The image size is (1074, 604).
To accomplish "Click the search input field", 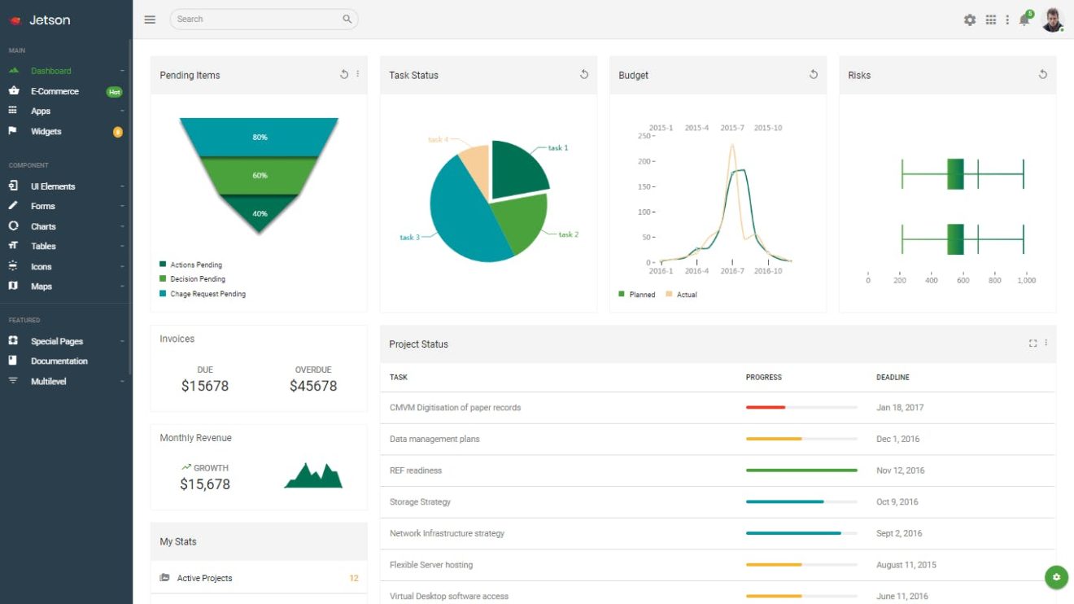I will pyautogui.click(x=256, y=20).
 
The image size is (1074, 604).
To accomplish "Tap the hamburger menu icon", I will pyautogui.click(x=150, y=20).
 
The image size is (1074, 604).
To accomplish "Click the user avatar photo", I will pyautogui.click(x=1052, y=20).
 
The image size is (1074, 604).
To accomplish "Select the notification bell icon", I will pyautogui.click(x=1024, y=20).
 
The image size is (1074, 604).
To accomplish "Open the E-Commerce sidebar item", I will pyautogui.click(x=55, y=91).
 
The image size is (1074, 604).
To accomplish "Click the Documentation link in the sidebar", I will pyautogui.click(x=59, y=361).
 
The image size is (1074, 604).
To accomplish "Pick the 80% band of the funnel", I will pyautogui.click(x=260, y=138).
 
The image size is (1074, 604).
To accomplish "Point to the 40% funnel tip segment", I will pyautogui.click(x=260, y=213).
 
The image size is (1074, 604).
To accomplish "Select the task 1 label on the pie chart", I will pyautogui.click(x=558, y=148).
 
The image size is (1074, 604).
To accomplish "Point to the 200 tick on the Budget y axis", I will pyautogui.click(x=645, y=161).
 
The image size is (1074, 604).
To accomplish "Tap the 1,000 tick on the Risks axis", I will pyautogui.click(x=1026, y=280).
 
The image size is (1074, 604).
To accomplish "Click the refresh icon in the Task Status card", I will pyautogui.click(x=583, y=75).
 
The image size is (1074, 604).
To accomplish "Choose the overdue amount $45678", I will pyautogui.click(x=313, y=386).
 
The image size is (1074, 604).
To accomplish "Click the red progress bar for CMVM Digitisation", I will pyautogui.click(x=766, y=407).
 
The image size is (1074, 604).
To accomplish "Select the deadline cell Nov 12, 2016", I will pyautogui.click(x=900, y=471).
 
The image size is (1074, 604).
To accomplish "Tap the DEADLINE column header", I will pyautogui.click(x=893, y=378).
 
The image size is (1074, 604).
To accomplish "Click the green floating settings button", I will pyautogui.click(x=1056, y=577).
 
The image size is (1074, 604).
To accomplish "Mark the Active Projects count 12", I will pyautogui.click(x=354, y=579).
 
